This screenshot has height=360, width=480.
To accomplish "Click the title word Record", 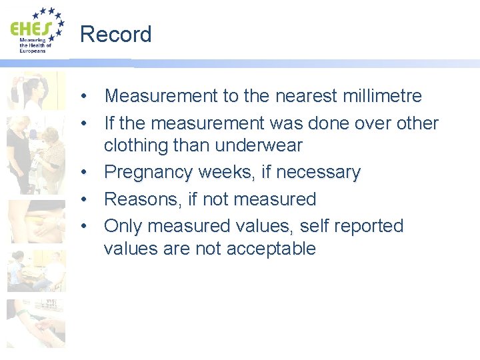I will (x=115, y=34).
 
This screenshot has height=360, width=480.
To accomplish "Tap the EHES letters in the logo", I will (x=30, y=29).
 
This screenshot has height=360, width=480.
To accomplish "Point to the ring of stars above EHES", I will (x=49, y=17).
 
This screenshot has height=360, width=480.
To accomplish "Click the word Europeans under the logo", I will (x=31, y=50).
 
